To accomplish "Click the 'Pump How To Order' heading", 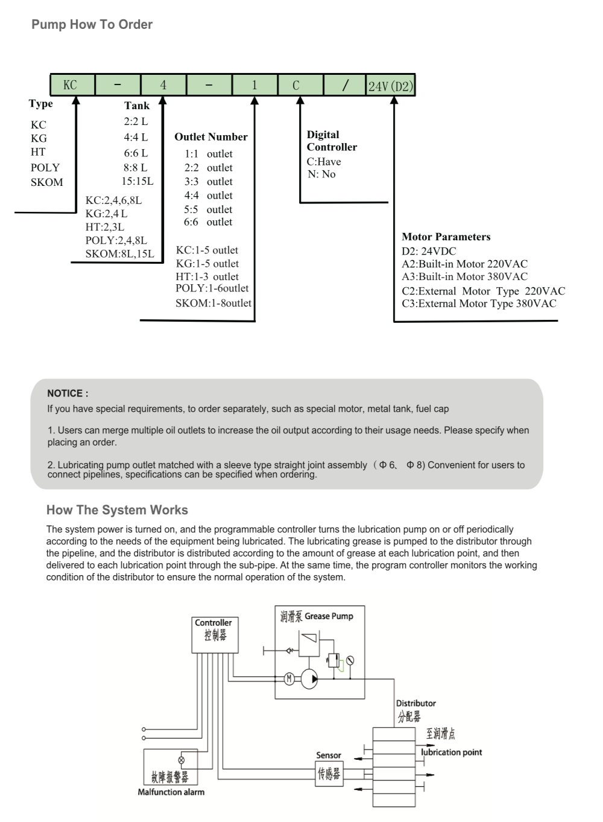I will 92,25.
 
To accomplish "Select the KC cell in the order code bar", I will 72,85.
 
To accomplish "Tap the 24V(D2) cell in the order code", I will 390,86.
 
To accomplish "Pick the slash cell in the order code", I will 344,85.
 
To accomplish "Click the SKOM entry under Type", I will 46,182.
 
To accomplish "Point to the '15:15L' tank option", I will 137,181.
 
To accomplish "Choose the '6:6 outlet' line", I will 208,222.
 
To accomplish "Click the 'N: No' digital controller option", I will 321,174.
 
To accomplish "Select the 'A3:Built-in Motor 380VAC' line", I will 464,276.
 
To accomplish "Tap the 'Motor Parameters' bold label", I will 446,237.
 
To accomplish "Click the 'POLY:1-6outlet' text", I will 212,288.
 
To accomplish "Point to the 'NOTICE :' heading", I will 68,393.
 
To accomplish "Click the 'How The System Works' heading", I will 117,510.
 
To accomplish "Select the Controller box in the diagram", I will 215,634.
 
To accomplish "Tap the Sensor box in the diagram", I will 329,773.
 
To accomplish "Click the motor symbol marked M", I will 289,679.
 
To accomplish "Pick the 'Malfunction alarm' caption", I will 171,792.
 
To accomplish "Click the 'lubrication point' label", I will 452,752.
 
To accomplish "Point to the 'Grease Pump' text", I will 329,616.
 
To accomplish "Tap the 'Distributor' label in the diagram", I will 415,703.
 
